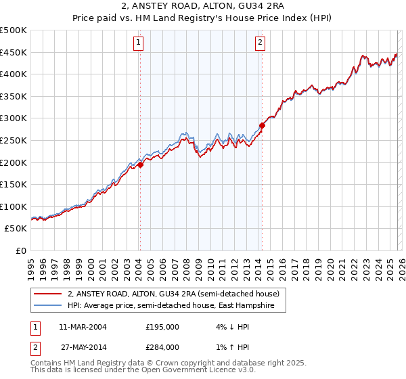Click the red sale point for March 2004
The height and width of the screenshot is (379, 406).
point(140,164)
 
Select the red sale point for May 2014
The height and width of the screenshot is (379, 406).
point(262,125)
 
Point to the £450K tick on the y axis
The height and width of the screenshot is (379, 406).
point(14,52)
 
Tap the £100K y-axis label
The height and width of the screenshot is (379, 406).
point(14,206)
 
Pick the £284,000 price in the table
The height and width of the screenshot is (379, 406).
point(162,347)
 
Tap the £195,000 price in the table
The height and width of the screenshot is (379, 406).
point(162,327)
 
